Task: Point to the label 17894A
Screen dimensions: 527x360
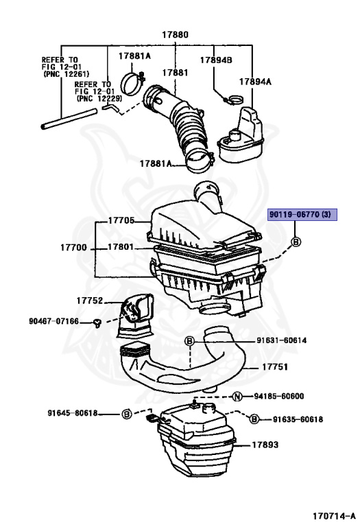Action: pyautogui.click(x=255, y=81)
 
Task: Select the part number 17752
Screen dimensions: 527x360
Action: pyautogui.click(x=90, y=300)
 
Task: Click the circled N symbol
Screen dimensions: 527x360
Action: pyautogui.click(x=237, y=396)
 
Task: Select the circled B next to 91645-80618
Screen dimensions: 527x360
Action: pyautogui.click(x=126, y=414)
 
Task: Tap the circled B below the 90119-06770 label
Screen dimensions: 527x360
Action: pyautogui.click(x=296, y=242)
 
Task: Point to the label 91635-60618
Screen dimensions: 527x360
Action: pyautogui.click(x=298, y=419)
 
